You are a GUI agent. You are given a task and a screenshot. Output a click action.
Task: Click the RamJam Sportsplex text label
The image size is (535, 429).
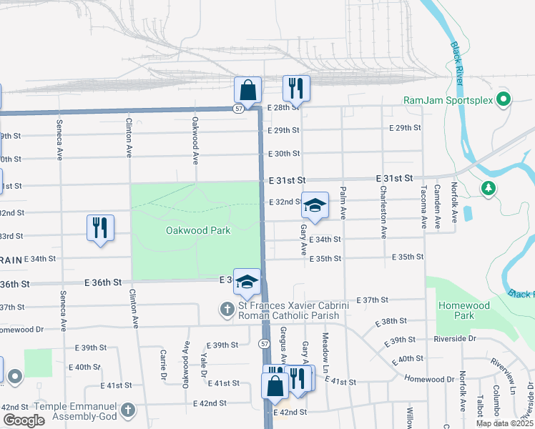[448, 101]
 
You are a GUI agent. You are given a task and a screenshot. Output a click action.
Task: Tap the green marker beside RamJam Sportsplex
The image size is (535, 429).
[503, 99]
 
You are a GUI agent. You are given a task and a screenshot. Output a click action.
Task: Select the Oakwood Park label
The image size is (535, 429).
[198, 230]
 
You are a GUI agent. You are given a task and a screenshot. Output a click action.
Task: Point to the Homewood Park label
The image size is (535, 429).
[454, 310]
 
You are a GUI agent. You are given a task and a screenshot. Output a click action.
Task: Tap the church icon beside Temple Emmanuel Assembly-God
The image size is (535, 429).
[127, 410]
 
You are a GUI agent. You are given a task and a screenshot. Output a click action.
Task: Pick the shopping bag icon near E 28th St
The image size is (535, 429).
[247, 90]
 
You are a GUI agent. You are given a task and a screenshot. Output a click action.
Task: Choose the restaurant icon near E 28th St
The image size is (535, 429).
[296, 89]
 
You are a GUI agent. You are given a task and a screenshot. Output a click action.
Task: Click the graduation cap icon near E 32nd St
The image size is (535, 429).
[315, 205]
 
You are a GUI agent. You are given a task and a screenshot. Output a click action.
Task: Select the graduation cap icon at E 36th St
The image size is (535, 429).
[247, 282]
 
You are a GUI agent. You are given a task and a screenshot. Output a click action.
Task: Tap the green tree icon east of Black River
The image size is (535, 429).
[489, 188]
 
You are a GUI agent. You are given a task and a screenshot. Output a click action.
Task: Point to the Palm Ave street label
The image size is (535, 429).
[343, 204]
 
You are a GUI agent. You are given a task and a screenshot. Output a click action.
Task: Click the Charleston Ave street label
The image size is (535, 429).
[384, 212]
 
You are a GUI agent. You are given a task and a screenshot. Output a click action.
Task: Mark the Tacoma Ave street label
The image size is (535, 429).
[424, 208]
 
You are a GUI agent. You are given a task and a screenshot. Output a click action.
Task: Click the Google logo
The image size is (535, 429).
[24, 420]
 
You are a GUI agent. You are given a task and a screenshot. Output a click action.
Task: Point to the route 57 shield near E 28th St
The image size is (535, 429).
[238, 109]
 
